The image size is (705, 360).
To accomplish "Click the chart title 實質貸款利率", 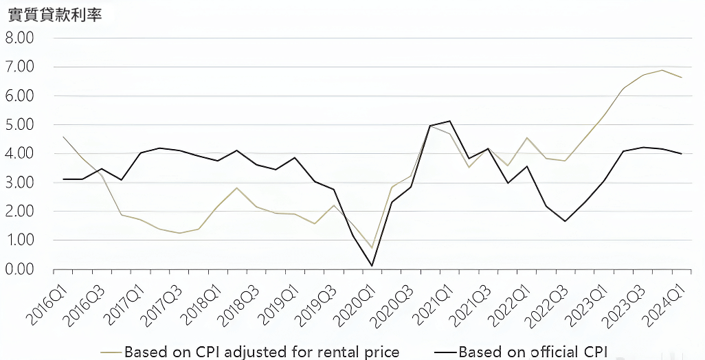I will coord(54,14).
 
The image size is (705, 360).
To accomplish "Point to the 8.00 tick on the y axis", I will coord(20,38).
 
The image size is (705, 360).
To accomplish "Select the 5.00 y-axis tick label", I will coord(20,125).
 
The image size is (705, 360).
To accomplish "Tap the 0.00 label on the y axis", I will coord(20,269).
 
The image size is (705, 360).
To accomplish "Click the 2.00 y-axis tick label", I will coord(20,212).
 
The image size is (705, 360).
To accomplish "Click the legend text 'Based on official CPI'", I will coord(533,352).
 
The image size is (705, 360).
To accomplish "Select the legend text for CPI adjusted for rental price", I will coord(262,352).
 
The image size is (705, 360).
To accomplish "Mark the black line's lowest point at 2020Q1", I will coord(372,266).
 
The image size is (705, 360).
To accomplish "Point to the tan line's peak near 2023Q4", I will coord(662,70).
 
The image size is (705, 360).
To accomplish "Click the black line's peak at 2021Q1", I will coord(449,121).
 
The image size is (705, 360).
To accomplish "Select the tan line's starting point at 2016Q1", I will coord(63,137).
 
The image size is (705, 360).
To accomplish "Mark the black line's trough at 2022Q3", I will coord(565,221).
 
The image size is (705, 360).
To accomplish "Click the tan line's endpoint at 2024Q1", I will coord(681,77).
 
